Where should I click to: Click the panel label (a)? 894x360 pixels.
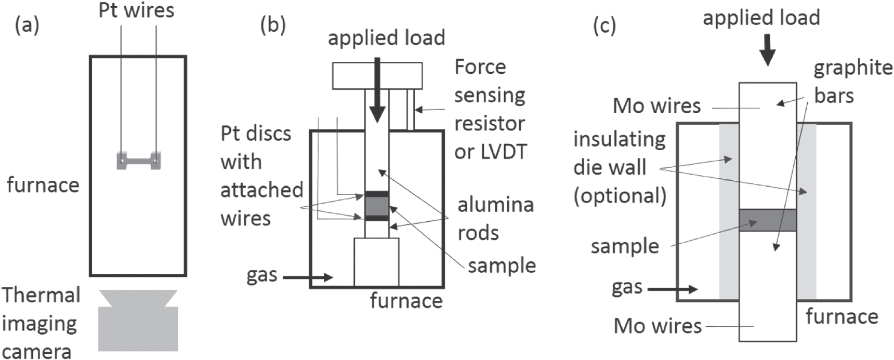click(x=27, y=25)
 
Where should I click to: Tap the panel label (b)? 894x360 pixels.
click(x=273, y=25)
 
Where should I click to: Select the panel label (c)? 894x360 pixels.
click(x=604, y=25)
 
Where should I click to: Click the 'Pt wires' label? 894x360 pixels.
click(x=136, y=10)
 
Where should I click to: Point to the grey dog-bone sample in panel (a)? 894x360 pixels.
click(x=138, y=161)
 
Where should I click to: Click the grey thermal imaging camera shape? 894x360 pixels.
click(x=138, y=325)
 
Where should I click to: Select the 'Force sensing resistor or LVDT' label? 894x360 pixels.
click(x=490, y=109)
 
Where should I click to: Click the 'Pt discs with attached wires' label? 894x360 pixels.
click(x=261, y=176)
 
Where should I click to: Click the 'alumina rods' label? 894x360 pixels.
click(x=495, y=219)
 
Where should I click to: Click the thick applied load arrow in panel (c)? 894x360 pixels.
click(x=767, y=50)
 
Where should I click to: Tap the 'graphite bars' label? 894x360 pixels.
click(x=852, y=82)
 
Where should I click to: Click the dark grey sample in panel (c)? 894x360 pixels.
click(x=767, y=220)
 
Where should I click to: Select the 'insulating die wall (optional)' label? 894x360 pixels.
click(x=620, y=167)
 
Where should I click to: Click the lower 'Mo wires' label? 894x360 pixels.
click(x=658, y=326)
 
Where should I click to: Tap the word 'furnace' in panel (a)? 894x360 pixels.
click(x=43, y=185)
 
